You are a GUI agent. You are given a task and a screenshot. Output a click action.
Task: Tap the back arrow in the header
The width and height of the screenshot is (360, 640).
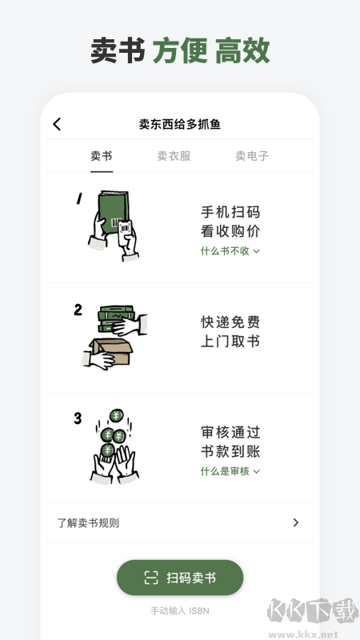pos(57,124)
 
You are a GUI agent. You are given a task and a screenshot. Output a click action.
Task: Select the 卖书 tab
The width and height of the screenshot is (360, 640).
pos(102,156)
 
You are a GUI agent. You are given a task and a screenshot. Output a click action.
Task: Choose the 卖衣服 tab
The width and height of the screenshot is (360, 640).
pos(174,156)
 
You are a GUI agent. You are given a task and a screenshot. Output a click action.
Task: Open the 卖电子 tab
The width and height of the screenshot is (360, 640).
pos(251,156)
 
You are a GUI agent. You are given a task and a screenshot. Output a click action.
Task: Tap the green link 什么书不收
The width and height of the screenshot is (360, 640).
pos(230,251)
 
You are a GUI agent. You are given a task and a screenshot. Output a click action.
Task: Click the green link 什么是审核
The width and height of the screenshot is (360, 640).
pos(230,471)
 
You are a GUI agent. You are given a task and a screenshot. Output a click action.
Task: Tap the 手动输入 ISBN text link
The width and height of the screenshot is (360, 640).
pos(180,611)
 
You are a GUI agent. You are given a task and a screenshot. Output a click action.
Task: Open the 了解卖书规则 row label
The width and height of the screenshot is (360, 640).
pos(89,523)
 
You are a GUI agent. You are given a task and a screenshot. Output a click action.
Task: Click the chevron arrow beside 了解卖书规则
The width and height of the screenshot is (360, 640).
pos(295,523)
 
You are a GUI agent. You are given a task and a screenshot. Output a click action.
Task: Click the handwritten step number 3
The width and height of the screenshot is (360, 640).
pos(78,418)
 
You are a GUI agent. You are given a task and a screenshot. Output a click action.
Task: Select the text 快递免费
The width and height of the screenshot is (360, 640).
pos(230,322)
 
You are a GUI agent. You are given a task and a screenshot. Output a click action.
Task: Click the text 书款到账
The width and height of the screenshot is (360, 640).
pos(230,451)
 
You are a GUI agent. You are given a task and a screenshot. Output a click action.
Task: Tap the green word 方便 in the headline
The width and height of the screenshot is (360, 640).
pos(180,50)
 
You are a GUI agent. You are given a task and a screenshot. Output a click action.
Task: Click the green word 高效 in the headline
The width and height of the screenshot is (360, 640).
pos(242,50)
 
